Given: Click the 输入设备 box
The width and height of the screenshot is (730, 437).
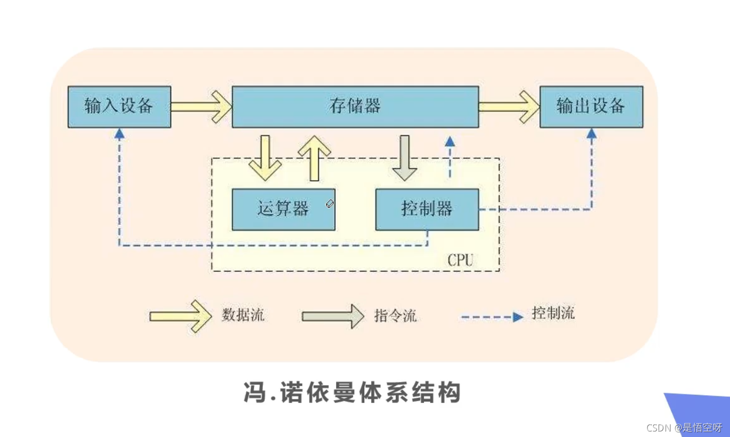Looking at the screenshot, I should pos(119,106).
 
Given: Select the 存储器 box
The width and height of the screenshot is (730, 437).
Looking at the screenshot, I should pos(355,106).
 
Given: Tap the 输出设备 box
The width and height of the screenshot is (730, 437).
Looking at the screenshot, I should pos(591,106).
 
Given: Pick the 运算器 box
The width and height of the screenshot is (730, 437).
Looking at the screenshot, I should pos(283,209).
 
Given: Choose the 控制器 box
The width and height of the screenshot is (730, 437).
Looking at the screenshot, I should pos(426,209).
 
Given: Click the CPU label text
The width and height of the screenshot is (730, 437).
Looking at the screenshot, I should pos(460,260).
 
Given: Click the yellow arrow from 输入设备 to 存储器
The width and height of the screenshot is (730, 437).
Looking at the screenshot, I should pos(201,106).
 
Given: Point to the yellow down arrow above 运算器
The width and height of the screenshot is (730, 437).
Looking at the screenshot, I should pos(265,158).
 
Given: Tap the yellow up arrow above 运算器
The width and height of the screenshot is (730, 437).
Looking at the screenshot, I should pos(315,158).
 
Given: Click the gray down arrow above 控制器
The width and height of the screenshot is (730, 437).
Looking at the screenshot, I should pos(404,158).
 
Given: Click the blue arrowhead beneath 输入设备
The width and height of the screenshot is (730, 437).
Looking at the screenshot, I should pos(119,133).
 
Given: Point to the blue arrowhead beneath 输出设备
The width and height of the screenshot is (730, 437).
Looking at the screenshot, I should pos(592,133).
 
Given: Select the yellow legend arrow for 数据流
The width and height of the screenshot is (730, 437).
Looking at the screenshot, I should pos(181,316).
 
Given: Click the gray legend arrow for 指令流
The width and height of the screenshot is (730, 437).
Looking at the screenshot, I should pos(333,316).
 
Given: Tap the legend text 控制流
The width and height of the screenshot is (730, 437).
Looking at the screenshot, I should pos(553,314).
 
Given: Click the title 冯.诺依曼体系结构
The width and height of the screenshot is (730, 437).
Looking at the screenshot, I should pos(352,392).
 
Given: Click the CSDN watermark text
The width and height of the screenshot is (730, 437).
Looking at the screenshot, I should pos(684,427).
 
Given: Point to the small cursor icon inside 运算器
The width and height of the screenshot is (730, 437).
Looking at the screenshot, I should pos(330,204).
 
